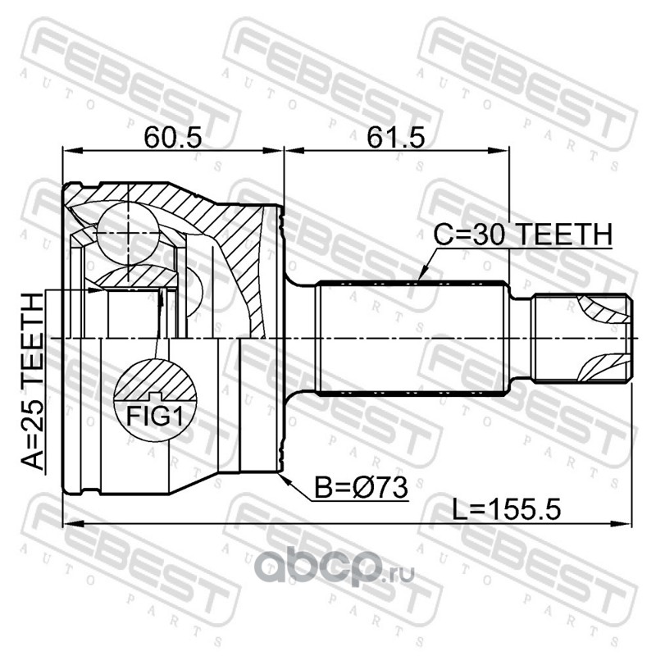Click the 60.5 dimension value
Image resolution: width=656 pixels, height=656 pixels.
pyautogui.click(x=173, y=138)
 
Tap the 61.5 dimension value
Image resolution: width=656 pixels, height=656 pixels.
pyautogui.click(x=396, y=138)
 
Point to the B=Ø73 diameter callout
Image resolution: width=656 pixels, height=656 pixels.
pyautogui.click(x=361, y=488)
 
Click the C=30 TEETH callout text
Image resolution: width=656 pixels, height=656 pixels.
pyautogui.click(x=522, y=235)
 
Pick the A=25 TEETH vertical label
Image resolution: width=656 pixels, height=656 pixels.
pyautogui.click(x=32, y=381)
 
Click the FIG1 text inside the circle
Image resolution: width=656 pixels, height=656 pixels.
pyautogui.click(x=155, y=417)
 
